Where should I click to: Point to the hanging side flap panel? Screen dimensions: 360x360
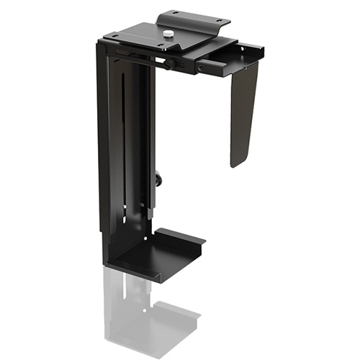[x=244, y=108]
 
